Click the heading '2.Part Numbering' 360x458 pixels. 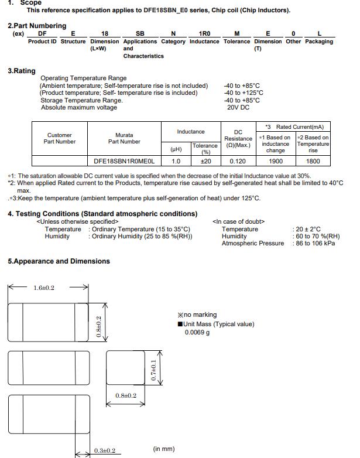(x=37, y=26)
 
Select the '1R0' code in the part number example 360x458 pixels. (x=204, y=34)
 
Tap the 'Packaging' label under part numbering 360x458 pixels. (x=319, y=42)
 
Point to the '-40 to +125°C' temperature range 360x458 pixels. (x=244, y=93)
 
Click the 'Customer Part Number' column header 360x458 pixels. (x=59, y=138)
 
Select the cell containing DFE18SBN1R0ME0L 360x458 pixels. (x=124, y=161)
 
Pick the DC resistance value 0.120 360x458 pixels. (x=238, y=161)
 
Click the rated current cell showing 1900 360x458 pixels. (x=276, y=161)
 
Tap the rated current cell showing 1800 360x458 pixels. (x=313, y=161)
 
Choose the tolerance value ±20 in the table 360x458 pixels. (x=206, y=161)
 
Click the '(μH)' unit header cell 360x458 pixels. (x=176, y=149)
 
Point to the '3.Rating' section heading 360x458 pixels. (x=22, y=71)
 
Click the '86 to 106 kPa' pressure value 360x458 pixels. (x=314, y=244)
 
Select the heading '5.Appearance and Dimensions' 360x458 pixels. (x=59, y=261)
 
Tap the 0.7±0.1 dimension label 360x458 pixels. (x=153, y=371)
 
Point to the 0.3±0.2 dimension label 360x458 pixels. (x=105, y=450)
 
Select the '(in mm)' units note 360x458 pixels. (x=164, y=449)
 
